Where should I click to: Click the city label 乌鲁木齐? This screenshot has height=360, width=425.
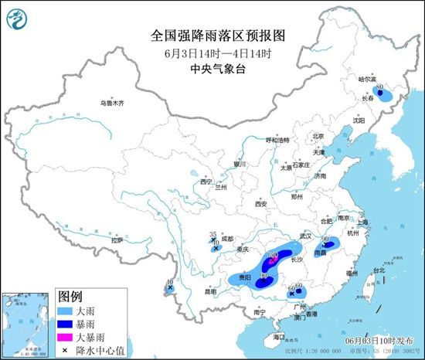click(x=111, y=103)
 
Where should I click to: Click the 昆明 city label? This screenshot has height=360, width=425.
click(x=211, y=292)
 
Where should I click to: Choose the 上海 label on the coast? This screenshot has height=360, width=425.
click(x=363, y=222)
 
